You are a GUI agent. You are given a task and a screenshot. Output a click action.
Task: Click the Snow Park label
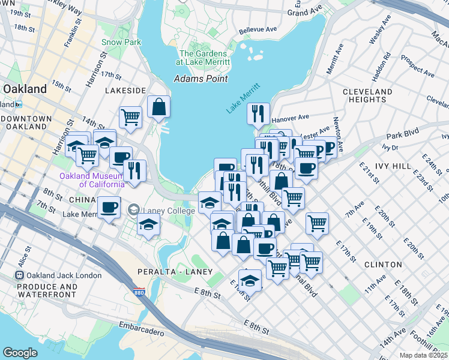point(121,42)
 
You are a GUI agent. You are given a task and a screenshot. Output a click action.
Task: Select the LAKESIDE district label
point(125,90)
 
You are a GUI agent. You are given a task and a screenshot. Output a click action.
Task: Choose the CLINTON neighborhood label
point(382,264)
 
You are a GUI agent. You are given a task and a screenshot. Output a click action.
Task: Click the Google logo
point(20,353)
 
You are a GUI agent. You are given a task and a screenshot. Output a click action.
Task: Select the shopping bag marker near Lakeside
point(158,107)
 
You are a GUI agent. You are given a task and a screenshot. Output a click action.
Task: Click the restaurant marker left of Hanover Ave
point(258,113)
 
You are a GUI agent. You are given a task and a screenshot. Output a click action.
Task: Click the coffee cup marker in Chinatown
point(109,208)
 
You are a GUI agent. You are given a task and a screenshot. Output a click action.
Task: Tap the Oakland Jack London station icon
point(20,275)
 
